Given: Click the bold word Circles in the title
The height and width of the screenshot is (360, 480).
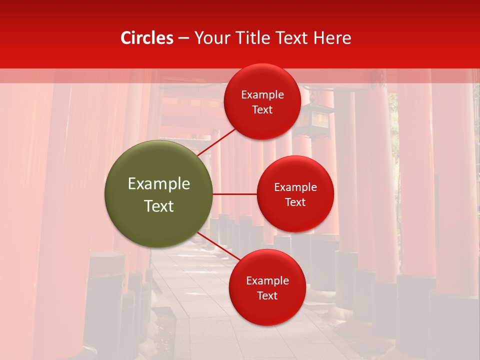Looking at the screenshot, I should [x=146, y=38].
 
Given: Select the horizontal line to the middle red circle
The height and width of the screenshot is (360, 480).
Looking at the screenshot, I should [x=234, y=194].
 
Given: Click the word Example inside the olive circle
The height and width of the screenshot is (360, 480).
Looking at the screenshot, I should [x=159, y=184].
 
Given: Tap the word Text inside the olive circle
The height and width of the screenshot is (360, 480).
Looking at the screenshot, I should [x=159, y=206].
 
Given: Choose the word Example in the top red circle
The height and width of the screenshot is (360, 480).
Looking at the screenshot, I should [x=262, y=95].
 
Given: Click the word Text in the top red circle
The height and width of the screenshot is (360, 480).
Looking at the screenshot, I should [x=262, y=110].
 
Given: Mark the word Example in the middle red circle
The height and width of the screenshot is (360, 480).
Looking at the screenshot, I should [x=295, y=187].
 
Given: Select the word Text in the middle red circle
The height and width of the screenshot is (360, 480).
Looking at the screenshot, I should [x=295, y=202].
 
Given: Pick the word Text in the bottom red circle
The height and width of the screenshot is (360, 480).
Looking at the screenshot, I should [x=267, y=296].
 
